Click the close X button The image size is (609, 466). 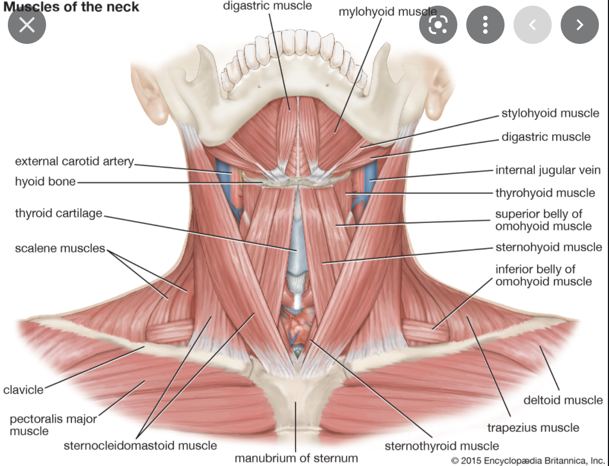(26, 25)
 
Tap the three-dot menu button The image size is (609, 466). (485, 25)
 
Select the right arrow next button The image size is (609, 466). (580, 25)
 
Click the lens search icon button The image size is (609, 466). (438, 25)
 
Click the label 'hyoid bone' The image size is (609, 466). (45, 182)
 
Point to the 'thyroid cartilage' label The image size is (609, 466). (58, 213)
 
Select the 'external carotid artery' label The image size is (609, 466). (74, 162)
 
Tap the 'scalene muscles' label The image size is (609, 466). (60, 248)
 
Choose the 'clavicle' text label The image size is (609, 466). (23, 389)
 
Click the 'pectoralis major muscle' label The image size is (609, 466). (53, 425)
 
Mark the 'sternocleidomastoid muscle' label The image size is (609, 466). (140, 446)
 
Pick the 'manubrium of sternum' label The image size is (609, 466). (296, 458)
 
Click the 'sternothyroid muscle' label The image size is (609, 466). (442, 446)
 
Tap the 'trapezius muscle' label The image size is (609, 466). (533, 428)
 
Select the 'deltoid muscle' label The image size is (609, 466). (563, 400)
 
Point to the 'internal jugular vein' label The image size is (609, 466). (548, 170)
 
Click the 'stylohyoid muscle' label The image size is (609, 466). (550, 113)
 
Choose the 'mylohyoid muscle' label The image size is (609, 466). (387, 11)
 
